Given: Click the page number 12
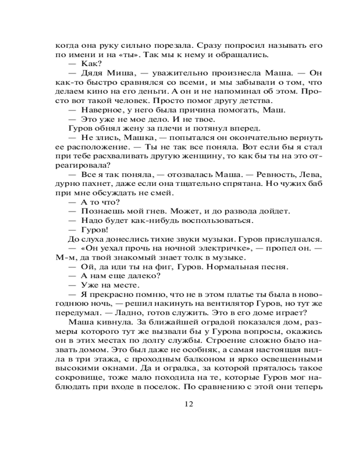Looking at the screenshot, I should [189, 403].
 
